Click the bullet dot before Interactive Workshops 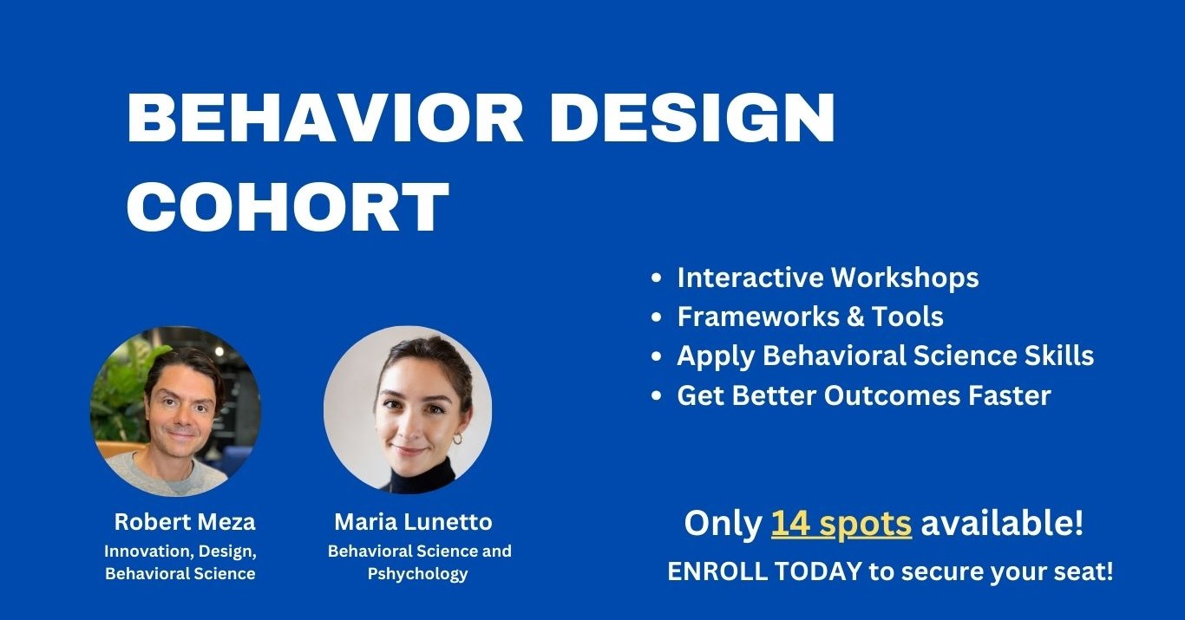point(657,278)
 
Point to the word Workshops point(905,277)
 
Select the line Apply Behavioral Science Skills point(885,356)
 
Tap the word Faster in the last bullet point(1008,395)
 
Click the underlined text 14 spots point(841,524)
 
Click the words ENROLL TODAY point(764,571)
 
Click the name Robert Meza point(185,522)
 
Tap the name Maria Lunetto point(413,522)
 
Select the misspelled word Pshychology point(417,573)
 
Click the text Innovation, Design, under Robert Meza point(180,551)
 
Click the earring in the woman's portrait point(457,440)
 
